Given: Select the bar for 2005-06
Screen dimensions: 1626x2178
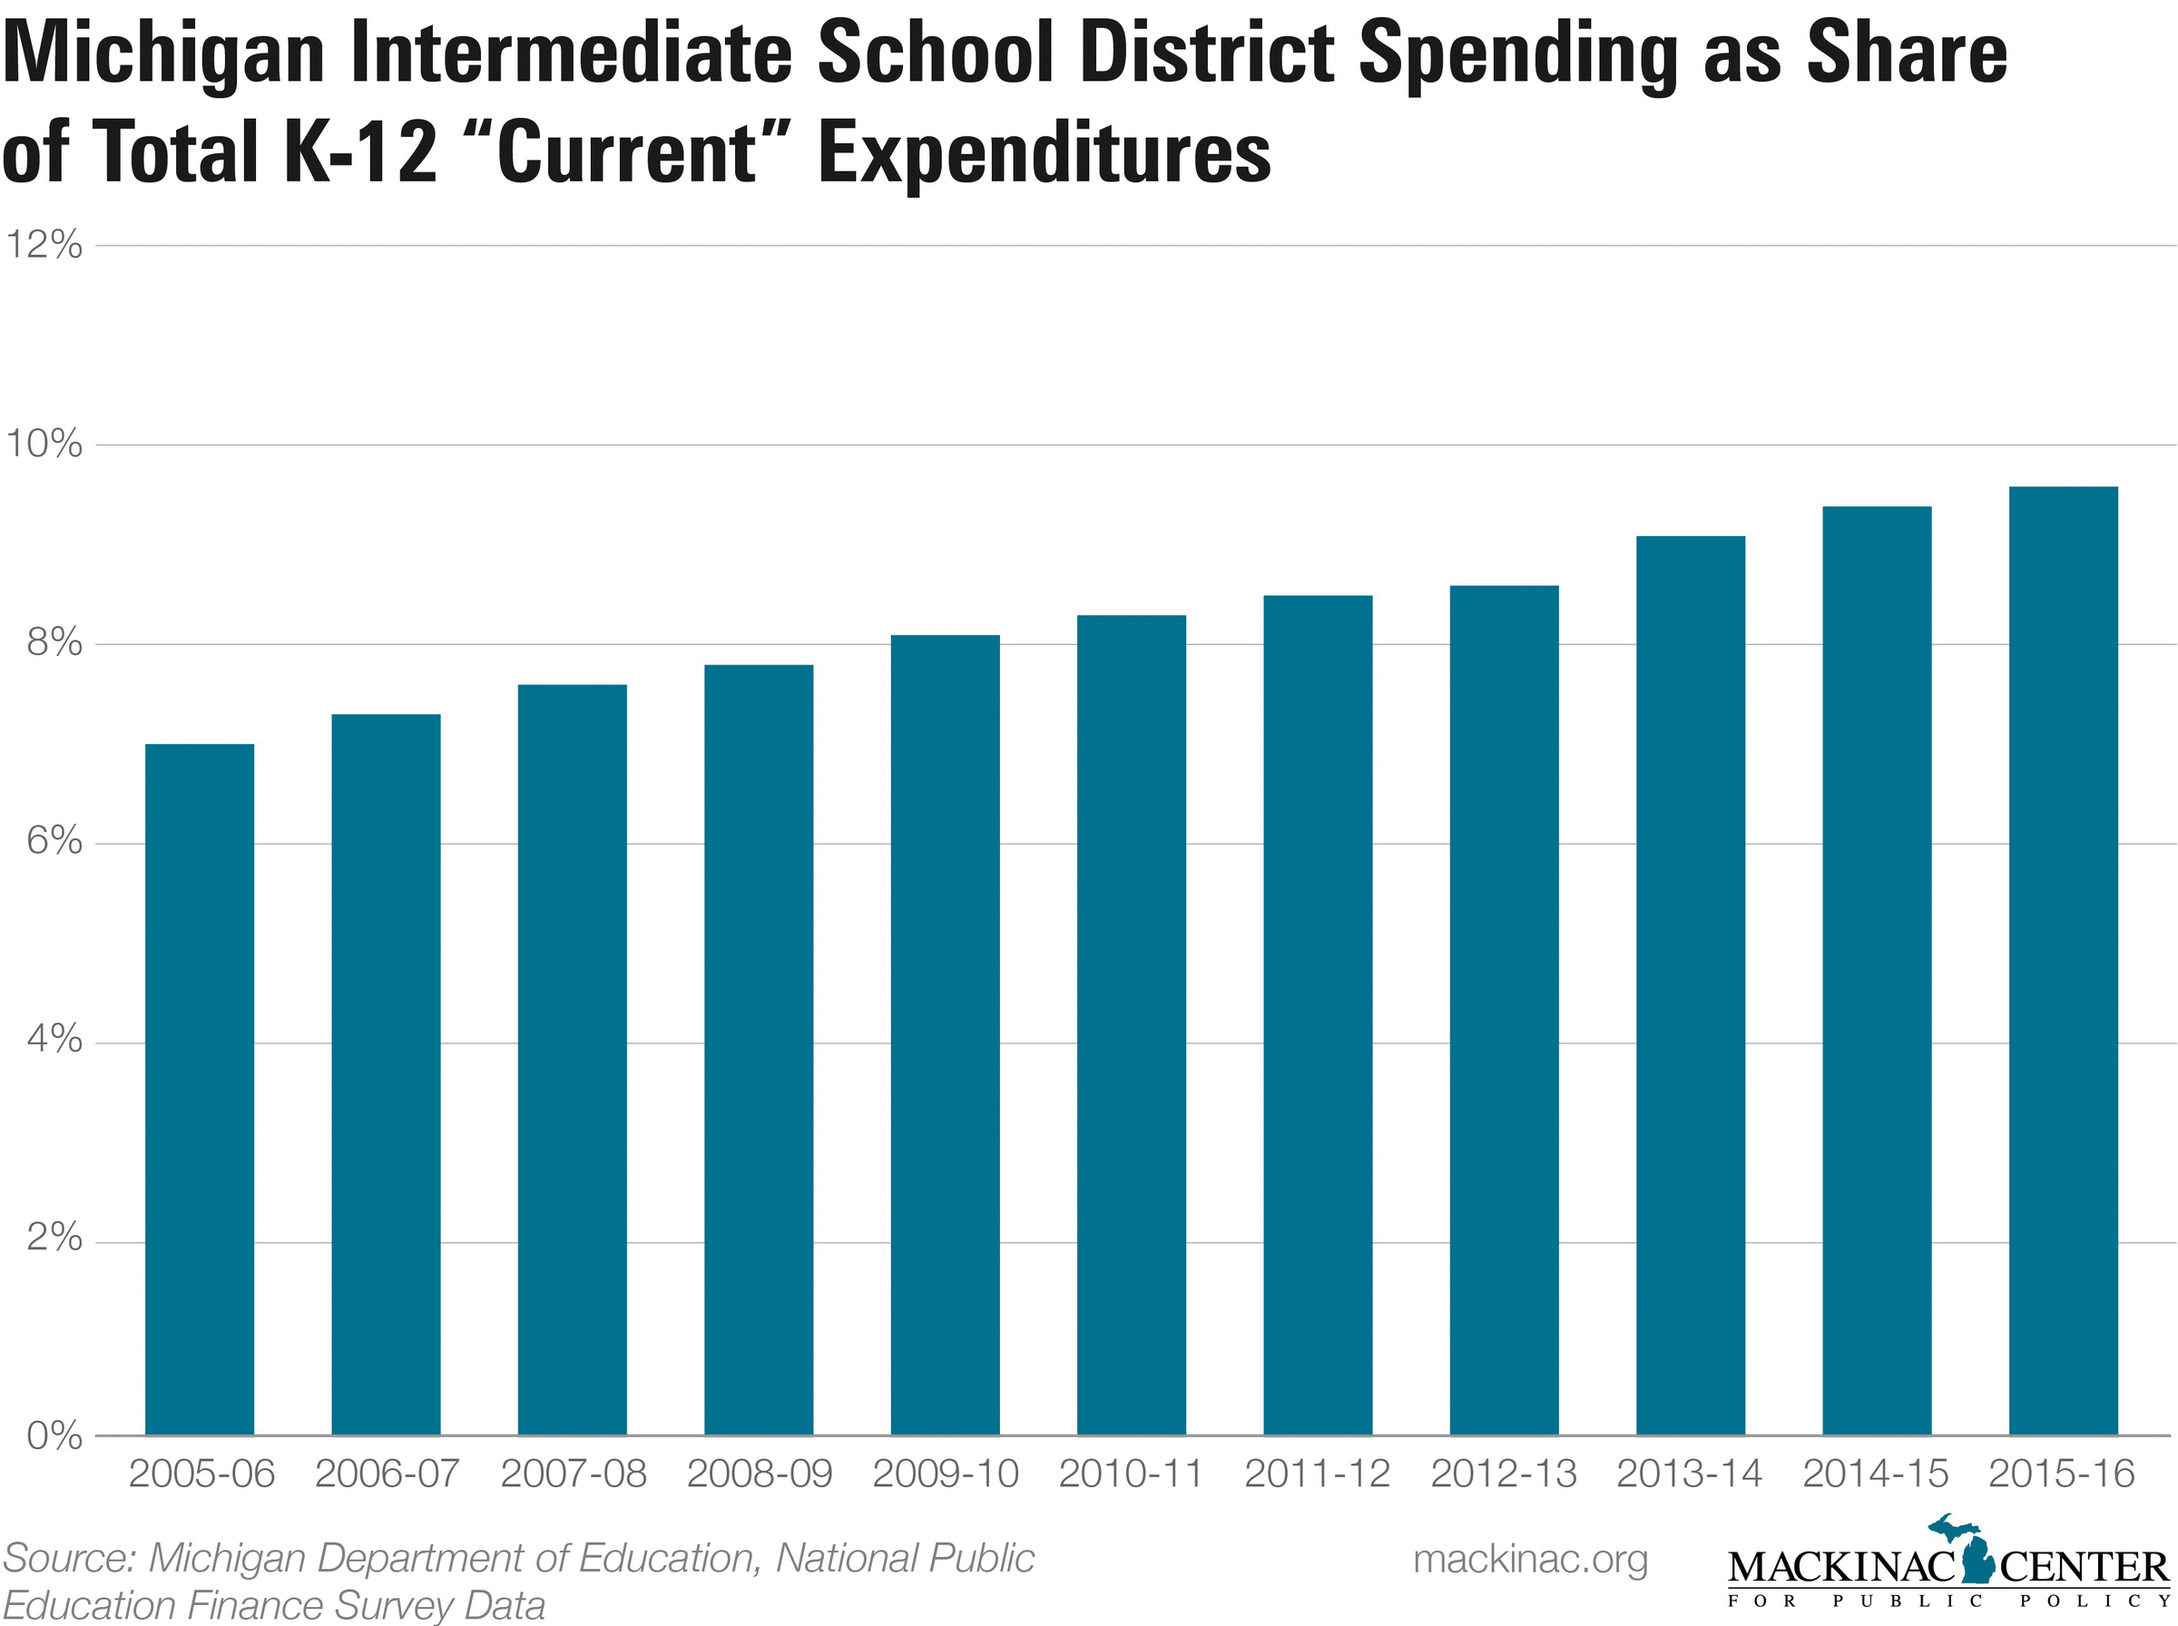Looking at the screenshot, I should tap(199, 1089).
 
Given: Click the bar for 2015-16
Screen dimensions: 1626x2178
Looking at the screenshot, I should tap(2062, 961).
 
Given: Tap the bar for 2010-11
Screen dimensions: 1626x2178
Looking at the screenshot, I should tap(1131, 1024).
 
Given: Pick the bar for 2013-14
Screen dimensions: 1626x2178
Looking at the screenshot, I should tap(1690, 985).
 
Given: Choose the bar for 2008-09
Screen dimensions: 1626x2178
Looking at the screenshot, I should tap(758, 1049).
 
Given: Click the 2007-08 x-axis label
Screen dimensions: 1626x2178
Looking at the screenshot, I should tap(573, 1474).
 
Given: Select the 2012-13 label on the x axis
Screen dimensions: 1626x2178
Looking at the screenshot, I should tap(1503, 1474).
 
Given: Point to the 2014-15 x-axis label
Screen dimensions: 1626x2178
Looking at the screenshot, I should tap(1875, 1474).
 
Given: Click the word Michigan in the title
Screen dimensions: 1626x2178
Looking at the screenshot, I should tap(162, 57).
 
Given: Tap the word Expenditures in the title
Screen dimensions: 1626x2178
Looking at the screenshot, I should tap(1045, 154).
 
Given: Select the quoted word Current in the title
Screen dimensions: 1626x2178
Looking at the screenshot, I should tap(626, 154).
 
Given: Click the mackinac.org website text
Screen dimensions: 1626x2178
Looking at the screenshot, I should tap(1529, 1558).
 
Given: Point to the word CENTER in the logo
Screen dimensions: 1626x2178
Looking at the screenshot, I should tap(2085, 1566).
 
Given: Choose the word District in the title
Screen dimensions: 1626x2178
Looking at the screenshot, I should tap(1208, 57).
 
